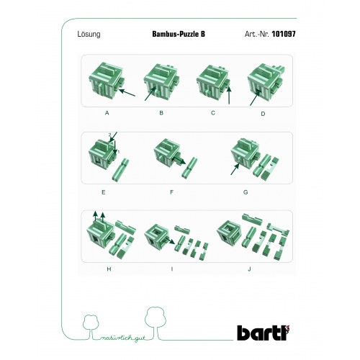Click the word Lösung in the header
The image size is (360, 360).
(x=89, y=35)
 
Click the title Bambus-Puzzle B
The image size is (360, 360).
(x=179, y=34)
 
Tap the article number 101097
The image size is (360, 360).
(x=284, y=34)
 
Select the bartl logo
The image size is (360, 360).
(x=264, y=333)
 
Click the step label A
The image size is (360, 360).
(x=107, y=113)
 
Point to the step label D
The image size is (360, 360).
(x=263, y=114)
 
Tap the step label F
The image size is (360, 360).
(x=171, y=192)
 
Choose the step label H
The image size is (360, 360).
(x=109, y=269)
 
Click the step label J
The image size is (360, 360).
(x=249, y=269)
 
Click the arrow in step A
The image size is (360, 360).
(x=127, y=93)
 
